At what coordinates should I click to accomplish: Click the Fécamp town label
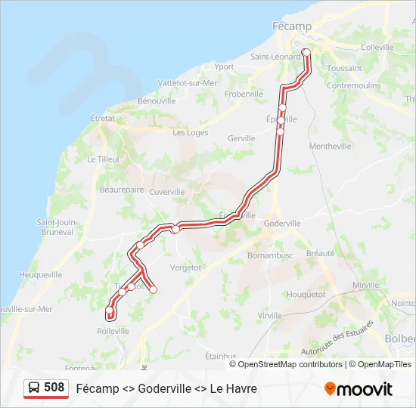click(291, 26)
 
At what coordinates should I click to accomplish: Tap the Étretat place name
click(102, 118)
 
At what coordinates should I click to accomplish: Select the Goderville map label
click(283, 224)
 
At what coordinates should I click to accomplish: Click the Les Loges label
click(190, 132)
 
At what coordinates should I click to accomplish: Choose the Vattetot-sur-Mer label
click(188, 83)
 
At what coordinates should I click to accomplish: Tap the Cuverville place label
click(167, 192)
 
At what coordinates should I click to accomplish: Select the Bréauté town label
click(320, 254)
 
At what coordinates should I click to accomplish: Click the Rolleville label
click(113, 331)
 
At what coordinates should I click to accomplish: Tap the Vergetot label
click(185, 267)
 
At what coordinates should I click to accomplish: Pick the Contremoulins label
click(353, 85)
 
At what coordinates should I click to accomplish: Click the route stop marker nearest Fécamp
click(306, 52)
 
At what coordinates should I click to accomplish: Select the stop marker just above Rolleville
click(110, 310)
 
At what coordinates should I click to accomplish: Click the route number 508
click(54, 388)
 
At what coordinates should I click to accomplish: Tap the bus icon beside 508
click(35, 388)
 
